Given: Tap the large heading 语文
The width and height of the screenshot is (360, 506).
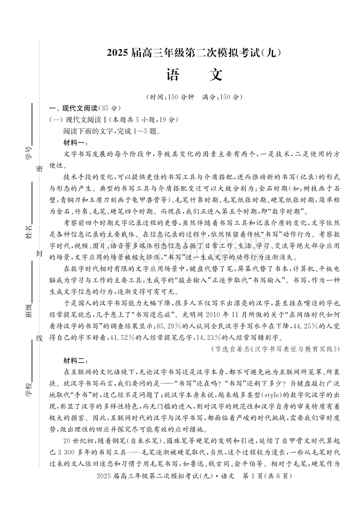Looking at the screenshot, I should click(x=194, y=75).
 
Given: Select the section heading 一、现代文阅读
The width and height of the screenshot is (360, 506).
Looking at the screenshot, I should click(x=84, y=109).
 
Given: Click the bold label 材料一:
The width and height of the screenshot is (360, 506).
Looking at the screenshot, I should click(x=76, y=143).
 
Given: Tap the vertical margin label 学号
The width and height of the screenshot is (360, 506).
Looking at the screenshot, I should click(x=29, y=152).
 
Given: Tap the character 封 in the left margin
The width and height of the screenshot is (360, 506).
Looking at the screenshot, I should click(x=39, y=254).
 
